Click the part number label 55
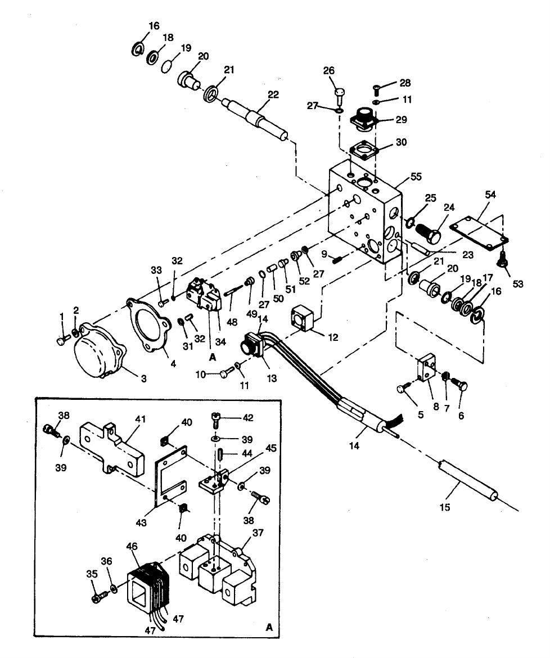point(416,176)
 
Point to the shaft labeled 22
point(256,117)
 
